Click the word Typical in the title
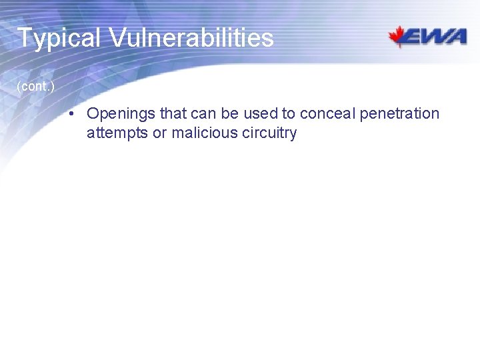(59, 38)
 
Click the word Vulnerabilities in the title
(191, 37)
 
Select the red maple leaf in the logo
(400, 36)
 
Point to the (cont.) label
(35, 87)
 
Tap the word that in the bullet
(173, 113)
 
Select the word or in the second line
(160, 133)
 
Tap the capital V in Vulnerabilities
(118, 38)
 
